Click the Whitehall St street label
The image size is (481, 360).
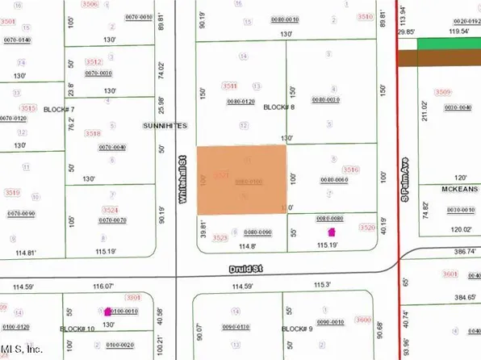point(184,173)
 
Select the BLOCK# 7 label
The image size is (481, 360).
point(59,109)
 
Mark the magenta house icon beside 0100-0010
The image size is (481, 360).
point(107,310)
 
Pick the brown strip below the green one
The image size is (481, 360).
point(443,59)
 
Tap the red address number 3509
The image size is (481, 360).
point(442,93)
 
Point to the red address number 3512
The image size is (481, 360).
point(94,61)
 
